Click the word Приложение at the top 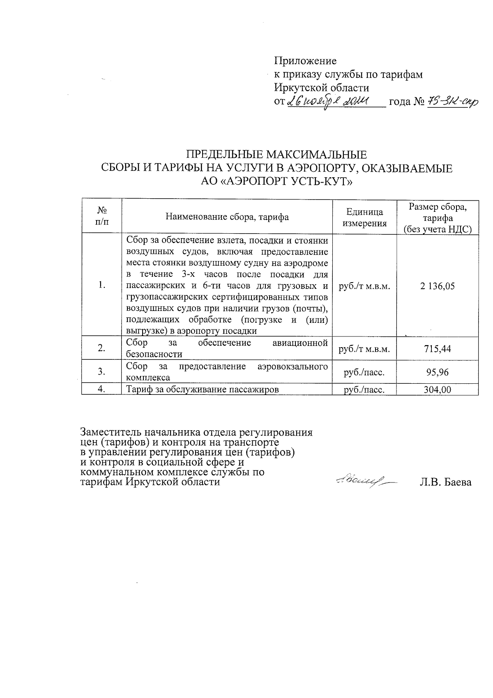[305, 61]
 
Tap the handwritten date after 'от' [329, 101]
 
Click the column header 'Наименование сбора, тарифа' [227, 217]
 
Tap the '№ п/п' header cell [102, 216]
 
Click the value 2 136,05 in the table [437, 286]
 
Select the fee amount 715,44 [437, 349]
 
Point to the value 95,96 [437, 372]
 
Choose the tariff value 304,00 [437, 390]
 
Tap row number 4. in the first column [102, 390]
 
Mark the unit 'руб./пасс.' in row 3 [364, 372]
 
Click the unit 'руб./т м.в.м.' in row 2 [364, 349]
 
